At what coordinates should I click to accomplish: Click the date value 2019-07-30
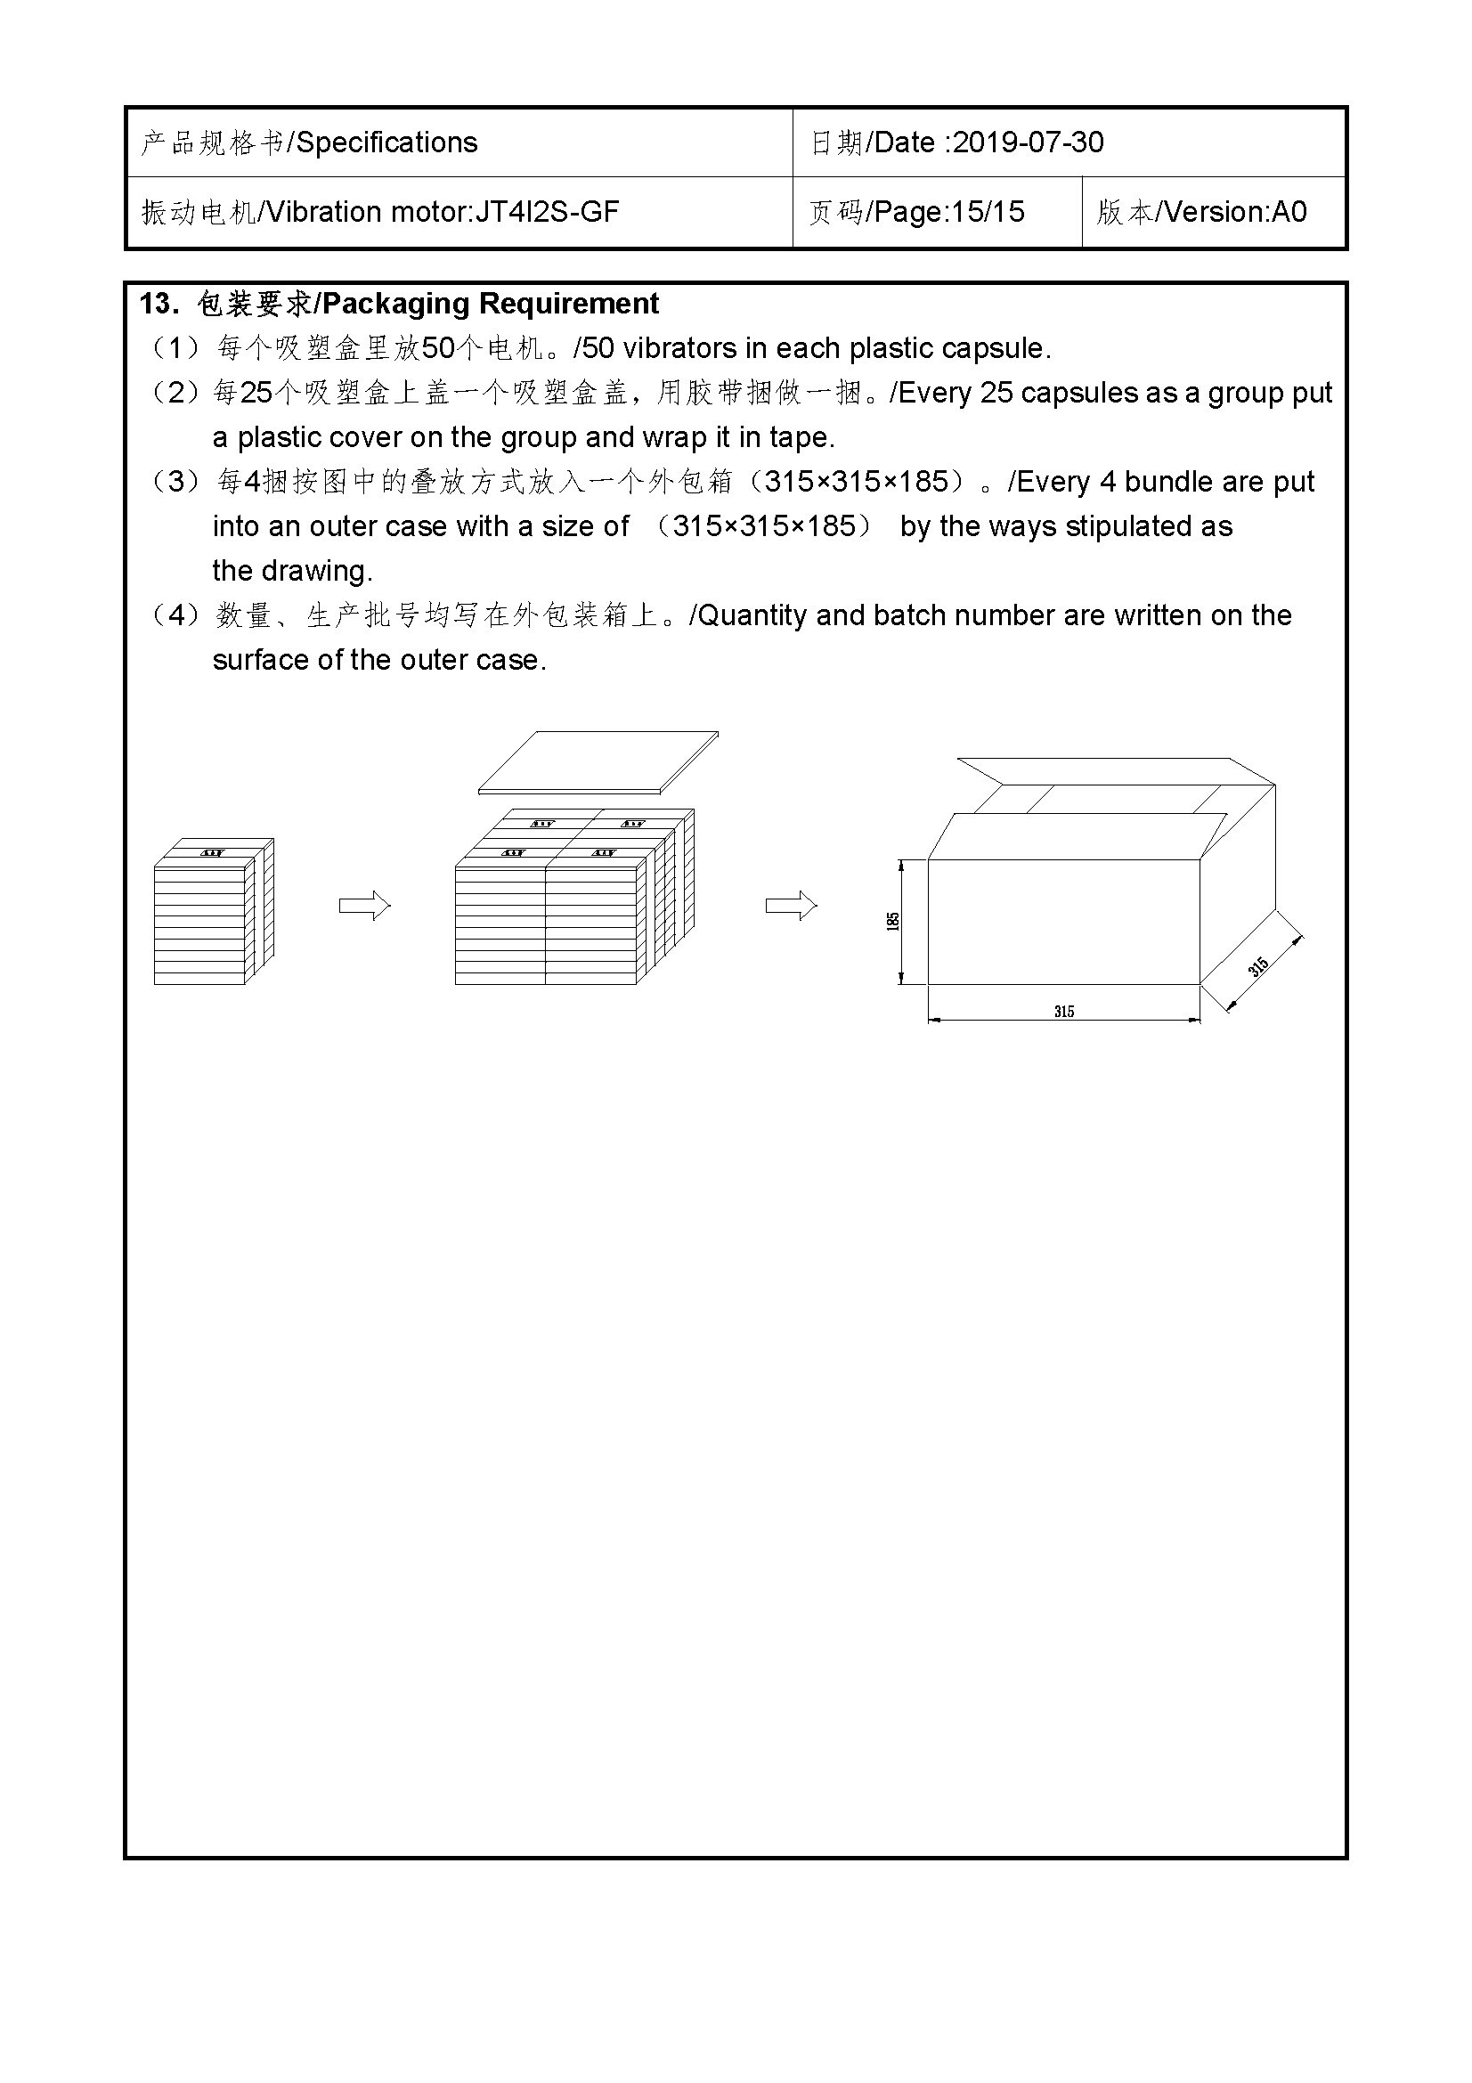pos(1028,142)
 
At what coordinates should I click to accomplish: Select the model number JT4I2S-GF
pos(547,212)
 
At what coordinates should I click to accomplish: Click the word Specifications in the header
pos(387,142)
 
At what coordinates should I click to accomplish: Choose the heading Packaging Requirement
pos(491,304)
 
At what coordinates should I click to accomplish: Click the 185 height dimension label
pos(893,921)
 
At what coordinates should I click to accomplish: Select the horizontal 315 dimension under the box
pos(1064,1011)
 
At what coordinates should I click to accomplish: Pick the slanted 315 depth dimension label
pos(1258,967)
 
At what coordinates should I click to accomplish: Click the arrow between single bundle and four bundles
pos(363,906)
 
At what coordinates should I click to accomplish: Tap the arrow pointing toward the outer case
pos(791,906)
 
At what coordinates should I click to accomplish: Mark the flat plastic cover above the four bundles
pos(598,761)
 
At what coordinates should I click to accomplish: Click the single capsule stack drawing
pos(213,912)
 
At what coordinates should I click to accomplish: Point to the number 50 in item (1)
pos(439,348)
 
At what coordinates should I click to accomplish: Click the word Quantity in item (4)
pos(752,615)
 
